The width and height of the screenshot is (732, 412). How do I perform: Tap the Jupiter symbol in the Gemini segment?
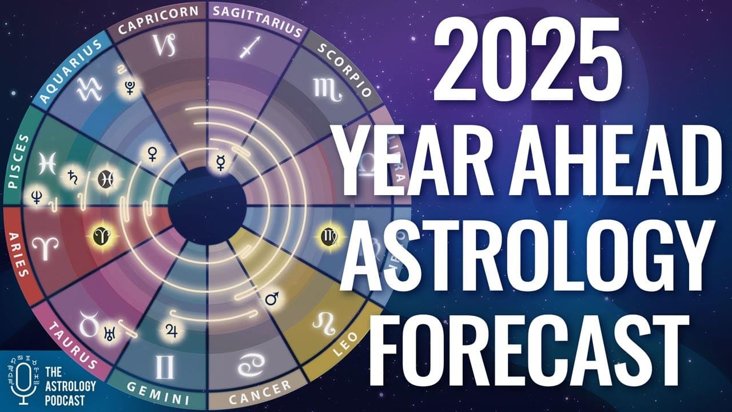[171, 328]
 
